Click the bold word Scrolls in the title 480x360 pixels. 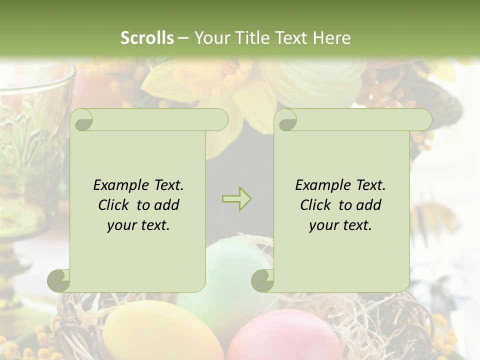click(147, 37)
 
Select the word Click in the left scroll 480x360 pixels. click(114, 205)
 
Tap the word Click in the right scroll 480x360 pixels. click(316, 205)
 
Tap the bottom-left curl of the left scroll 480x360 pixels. click(59, 280)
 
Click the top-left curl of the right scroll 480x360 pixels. click(286, 120)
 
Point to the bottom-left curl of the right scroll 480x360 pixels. click(262, 280)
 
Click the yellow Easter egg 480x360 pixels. click(157, 332)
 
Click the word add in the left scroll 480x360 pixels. click(167, 205)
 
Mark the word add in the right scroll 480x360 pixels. click(369, 205)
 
